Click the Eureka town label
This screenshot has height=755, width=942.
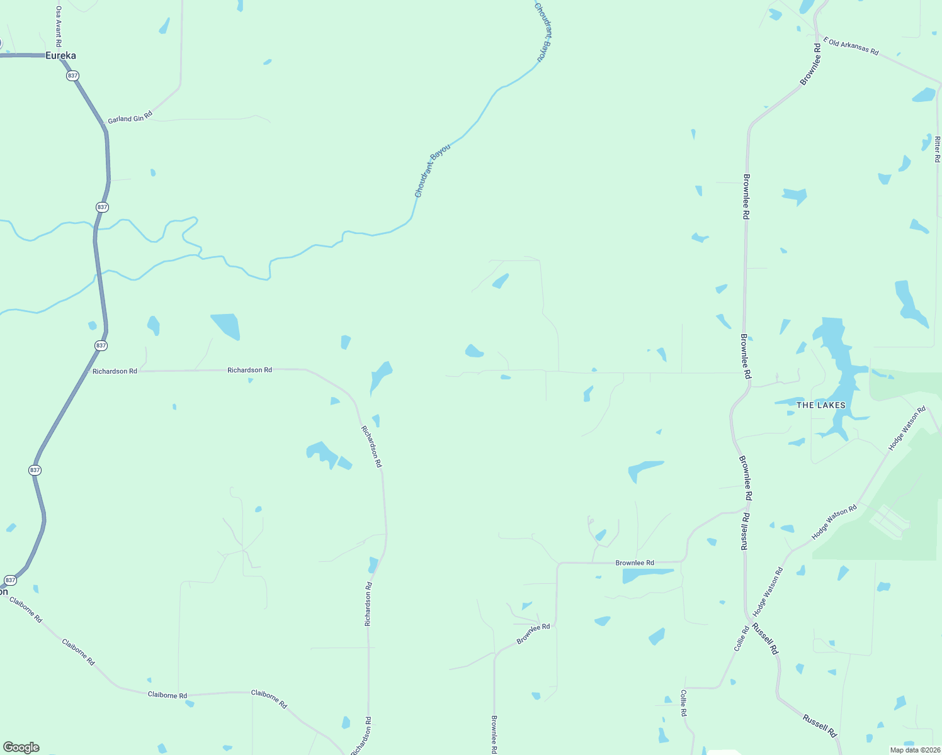60,55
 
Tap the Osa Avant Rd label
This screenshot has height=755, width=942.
58,26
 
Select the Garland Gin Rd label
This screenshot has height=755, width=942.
130,118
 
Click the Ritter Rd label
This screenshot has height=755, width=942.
937,149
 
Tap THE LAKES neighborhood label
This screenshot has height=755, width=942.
820,405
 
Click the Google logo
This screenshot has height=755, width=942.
21,747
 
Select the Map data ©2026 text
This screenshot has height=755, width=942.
915,750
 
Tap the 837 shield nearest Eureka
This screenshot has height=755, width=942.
72,75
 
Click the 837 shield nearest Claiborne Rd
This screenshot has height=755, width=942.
10,579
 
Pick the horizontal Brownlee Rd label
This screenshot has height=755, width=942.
635,562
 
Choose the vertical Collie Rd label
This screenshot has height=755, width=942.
683,703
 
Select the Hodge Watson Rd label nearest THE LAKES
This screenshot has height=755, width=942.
907,428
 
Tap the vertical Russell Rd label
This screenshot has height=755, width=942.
745,532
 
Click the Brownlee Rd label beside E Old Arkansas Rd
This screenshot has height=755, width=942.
811,64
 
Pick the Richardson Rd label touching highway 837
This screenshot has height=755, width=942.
115,371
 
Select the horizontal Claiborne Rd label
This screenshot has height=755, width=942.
167,695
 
